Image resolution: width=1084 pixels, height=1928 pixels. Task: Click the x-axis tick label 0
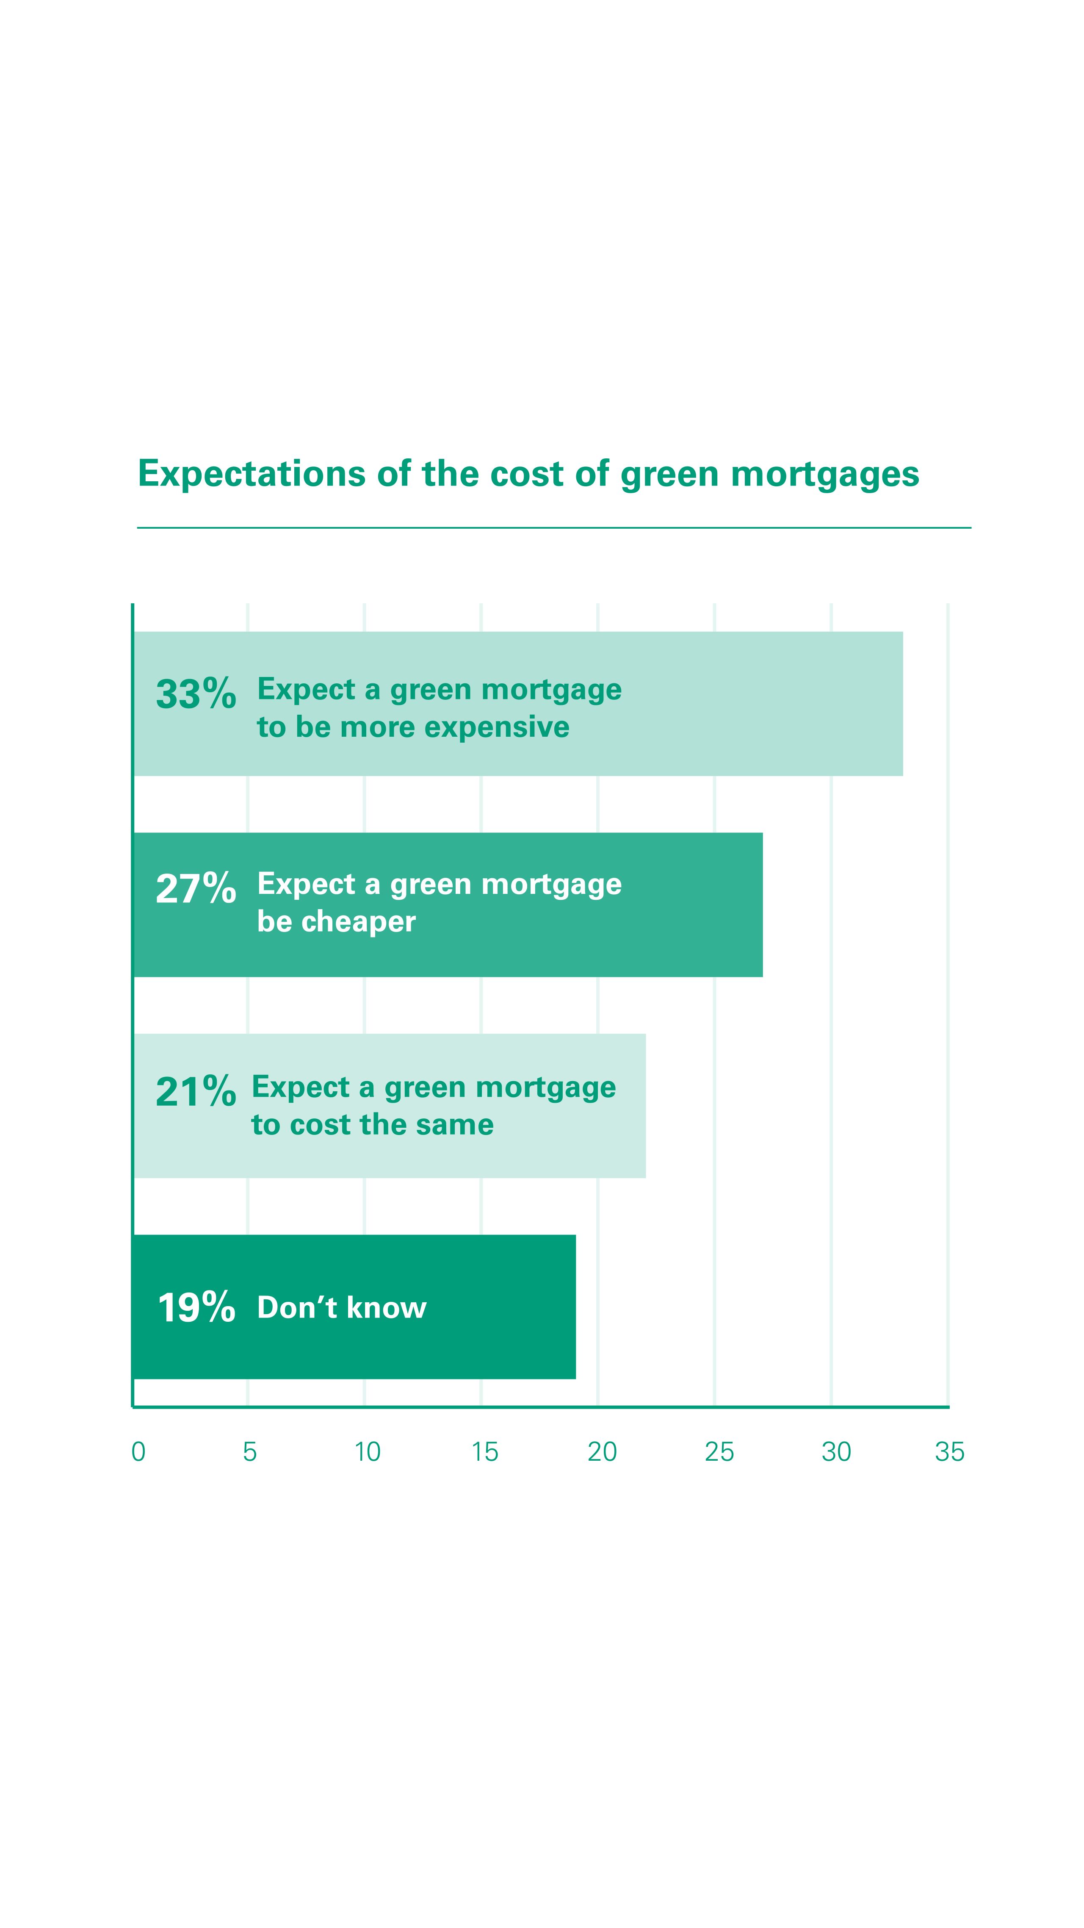coord(138,1452)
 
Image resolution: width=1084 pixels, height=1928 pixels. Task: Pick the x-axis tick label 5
coord(250,1452)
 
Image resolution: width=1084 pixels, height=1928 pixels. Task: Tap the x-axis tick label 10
coord(367,1452)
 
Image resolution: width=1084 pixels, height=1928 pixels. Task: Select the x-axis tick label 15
coord(485,1452)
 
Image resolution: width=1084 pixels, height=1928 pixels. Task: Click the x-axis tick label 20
coord(602,1452)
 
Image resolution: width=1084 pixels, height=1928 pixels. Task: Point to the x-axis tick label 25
coord(720,1452)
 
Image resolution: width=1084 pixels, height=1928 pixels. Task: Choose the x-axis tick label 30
coord(836,1452)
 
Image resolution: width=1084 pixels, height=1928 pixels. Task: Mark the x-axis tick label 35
coord(950,1452)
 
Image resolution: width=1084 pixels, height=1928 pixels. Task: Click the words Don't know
coord(342,1307)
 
